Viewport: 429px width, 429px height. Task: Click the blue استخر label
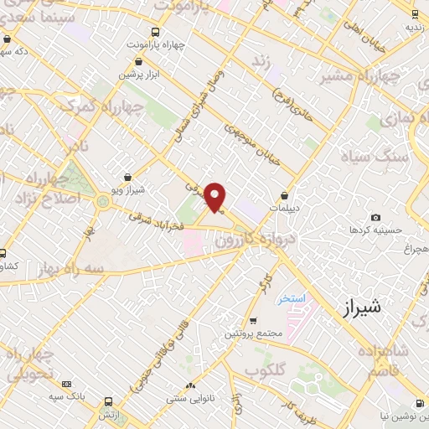tap(292, 298)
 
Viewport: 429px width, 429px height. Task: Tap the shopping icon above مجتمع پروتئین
tap(252, 321)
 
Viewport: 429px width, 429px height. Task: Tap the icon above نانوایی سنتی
tap(192, 385)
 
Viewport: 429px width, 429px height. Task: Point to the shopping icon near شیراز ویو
tap(127, 177)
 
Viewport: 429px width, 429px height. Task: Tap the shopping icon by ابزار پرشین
tap(139, 60)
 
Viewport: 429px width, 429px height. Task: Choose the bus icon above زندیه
tap(416, 13)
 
